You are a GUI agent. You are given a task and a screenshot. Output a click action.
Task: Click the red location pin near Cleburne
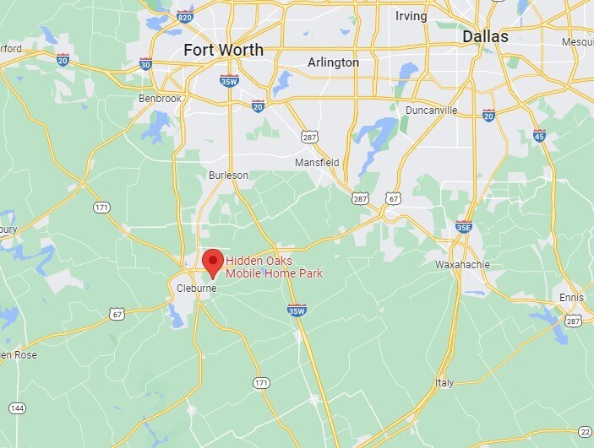click(211, 262)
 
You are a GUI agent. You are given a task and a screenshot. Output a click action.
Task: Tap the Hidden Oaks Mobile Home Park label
click(274, 267)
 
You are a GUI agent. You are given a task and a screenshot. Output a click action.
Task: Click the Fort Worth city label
click(223, 51)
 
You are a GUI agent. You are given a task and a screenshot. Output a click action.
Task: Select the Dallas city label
click(485, 37)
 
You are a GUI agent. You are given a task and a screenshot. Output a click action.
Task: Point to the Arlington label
click(333, 62)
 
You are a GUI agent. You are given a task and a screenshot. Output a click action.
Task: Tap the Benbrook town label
click(160, 99)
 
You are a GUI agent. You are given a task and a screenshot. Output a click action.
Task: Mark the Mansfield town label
click(316, 162)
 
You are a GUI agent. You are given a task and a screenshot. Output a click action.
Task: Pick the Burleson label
click(228, 175)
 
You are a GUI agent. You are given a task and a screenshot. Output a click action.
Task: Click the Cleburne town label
click(196, 289)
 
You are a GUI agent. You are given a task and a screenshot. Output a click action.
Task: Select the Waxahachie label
click(462, 264)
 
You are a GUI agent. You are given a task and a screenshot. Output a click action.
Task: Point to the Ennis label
click(571, 298)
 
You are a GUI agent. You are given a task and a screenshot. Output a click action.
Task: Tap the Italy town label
click(444, 382)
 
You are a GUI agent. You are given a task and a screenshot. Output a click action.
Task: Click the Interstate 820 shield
click(185, 16)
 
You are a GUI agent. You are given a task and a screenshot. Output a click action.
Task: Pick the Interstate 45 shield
click(538, 135)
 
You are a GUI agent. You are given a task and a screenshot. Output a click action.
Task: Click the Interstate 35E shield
click(463, 226)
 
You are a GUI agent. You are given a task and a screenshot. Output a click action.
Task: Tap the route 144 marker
click(16, 408)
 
